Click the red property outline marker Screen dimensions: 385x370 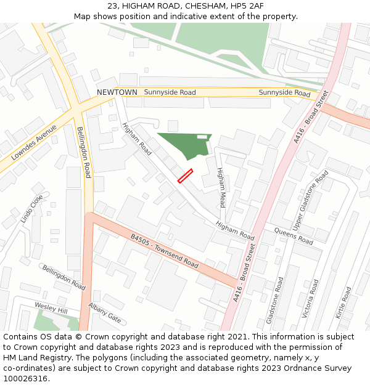tap(185, 176)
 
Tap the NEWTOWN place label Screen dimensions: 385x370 tap(117, 92)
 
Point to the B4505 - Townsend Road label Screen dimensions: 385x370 tap(164, 251)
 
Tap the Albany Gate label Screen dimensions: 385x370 tap(105, 314)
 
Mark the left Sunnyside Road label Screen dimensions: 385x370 tap(170, 92)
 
